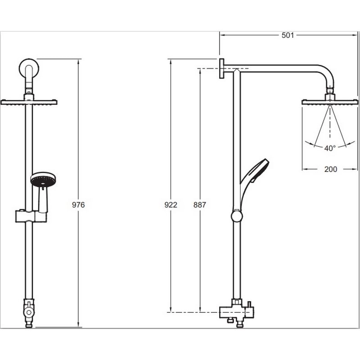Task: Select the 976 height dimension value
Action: click(x=79, y=205)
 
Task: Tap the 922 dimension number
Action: click(x=171, y=205)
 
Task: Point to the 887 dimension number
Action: click(x=199, y=205)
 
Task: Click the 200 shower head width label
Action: click(x=331, y=169)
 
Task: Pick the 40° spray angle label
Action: click(x=331, y=148)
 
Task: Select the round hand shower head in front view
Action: click(x=43, y=180)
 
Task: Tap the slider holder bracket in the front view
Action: click(x=31, y=216)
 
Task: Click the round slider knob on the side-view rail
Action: click(x=237, y=216)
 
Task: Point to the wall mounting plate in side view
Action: click(x=222, y=68)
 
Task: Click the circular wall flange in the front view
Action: click(x=29, y=68)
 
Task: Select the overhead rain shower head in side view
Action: click(x=330, y=102)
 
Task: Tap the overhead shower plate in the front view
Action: click(x=29, y=102)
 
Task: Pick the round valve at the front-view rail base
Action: click(x=29, y=310)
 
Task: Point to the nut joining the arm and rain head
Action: click(x=330, y=95)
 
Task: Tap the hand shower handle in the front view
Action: click(x=43, y=200)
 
